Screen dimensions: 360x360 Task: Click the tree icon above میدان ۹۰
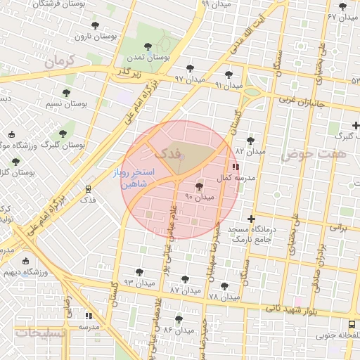tap(199, 187)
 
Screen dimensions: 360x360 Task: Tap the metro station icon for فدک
tap(89, 189)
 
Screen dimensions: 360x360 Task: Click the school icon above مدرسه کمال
tap(235, 167)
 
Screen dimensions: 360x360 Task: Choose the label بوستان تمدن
tap(147, 56)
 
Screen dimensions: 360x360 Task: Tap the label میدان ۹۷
tap(190, 79)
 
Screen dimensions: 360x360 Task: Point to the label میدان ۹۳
tap(137, 281)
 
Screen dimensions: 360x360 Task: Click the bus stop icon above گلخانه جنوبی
tap(351, 324)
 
